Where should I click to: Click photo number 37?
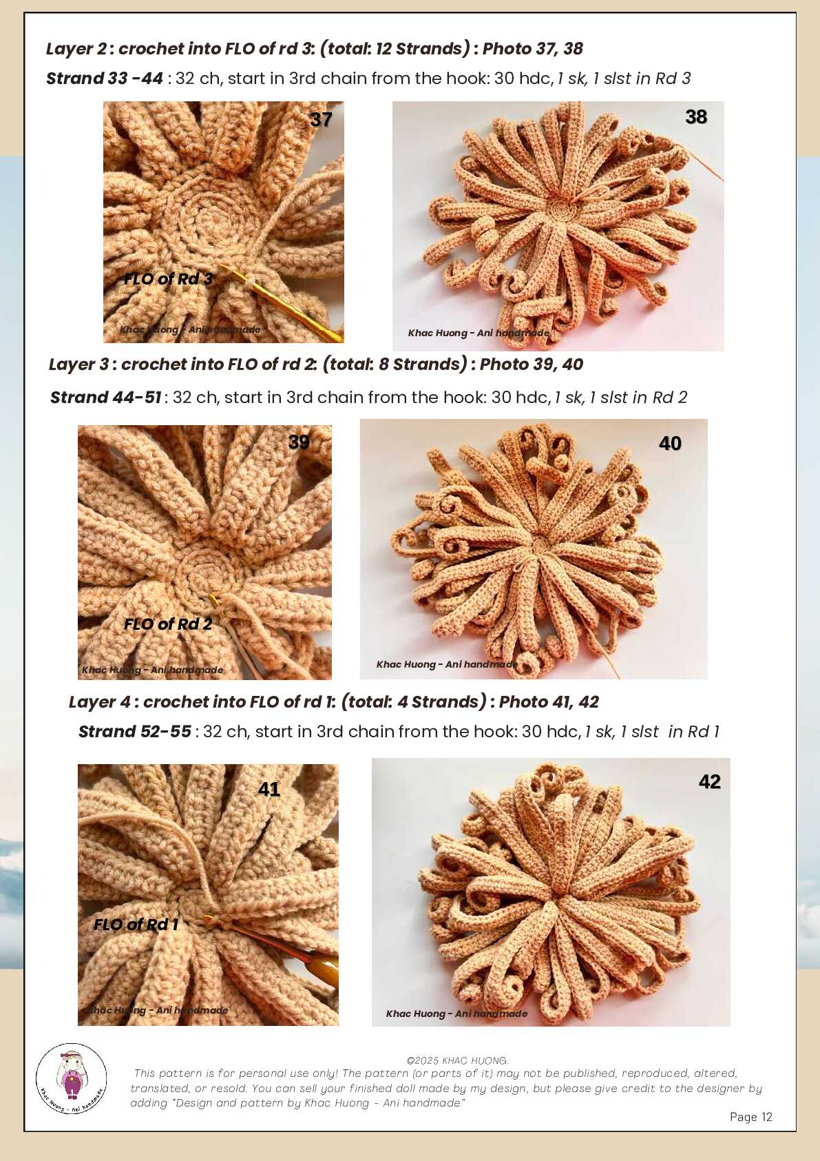tap(223, 222)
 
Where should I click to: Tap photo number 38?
tap(558, 226)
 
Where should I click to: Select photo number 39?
tap(204, 552)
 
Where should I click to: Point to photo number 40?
tap(534, 549)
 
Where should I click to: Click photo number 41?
tap(208, 894)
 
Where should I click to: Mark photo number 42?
tap(551, 892)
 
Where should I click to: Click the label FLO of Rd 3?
tap(168, 279)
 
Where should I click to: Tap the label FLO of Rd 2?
tap(168, 624)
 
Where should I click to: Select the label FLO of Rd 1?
tap(136, 924)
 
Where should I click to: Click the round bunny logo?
tap(72, 1078)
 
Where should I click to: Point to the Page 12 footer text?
tap(750, 1117)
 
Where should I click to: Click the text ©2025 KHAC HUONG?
tap(457, 1061)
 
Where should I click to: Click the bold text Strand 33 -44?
tap(105, 79)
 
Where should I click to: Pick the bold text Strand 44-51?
tap(105, 398)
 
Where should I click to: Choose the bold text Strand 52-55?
tap(135, 731)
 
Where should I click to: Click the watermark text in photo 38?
tap(479, 333)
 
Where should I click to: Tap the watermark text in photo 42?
tap(456, 1014)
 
